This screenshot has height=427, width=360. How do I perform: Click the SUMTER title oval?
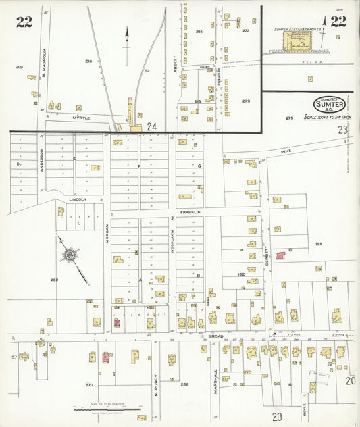(x=330, y=105)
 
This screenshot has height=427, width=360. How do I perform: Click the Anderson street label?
(x=42, y=160)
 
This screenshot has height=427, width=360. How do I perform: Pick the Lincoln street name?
(x=78, y=200)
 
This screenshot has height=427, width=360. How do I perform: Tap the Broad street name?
(x=215, y=336)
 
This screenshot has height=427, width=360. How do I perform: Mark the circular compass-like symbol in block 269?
(x=69, y=255)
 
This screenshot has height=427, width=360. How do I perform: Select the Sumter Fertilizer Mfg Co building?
(x=295, y=42)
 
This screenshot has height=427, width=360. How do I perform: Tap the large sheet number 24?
(x=152, y=126)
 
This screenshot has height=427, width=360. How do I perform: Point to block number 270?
(x=89, y=384)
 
